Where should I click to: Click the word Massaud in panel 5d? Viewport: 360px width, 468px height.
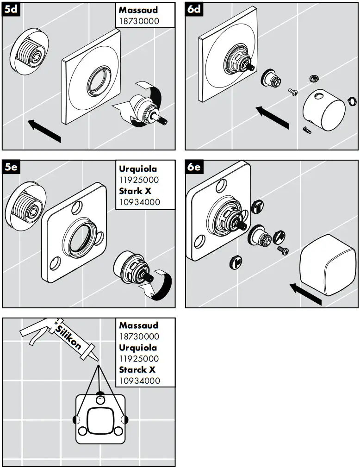[138, 9]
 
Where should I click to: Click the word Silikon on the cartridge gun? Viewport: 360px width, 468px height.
[68, 337]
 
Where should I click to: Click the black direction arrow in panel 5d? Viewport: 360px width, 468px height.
[44, 131]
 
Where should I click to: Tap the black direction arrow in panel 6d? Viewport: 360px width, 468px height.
[273, 118]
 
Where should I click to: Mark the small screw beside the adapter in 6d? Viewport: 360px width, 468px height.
[292, 92]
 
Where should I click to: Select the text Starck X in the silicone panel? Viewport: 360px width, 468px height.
[137, 370]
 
